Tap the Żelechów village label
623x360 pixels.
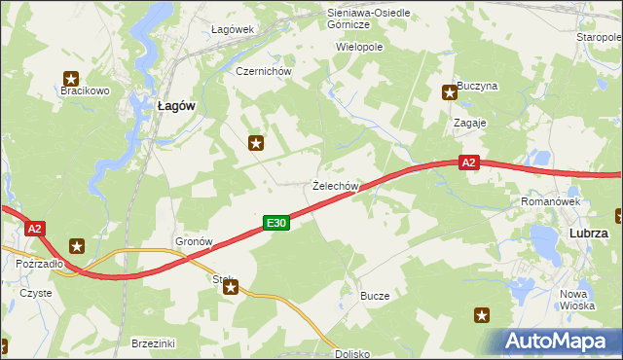(337, 185)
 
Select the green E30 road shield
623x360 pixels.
(276, 224)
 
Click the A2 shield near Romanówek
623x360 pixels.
(469, 162)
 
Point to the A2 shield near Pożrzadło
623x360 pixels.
(35, 229)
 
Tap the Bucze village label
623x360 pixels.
(375, 295)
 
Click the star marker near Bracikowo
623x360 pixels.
(71, 78)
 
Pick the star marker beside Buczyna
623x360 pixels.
(450, 92)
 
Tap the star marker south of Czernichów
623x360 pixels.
(256, 143)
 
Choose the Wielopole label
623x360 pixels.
(359, 46)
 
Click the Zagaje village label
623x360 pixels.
(470, 124)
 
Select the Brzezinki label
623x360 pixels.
(153, 343)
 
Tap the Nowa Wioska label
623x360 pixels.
(577, 299)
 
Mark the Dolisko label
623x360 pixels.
(353, 354)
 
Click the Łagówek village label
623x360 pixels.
(233, 29)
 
